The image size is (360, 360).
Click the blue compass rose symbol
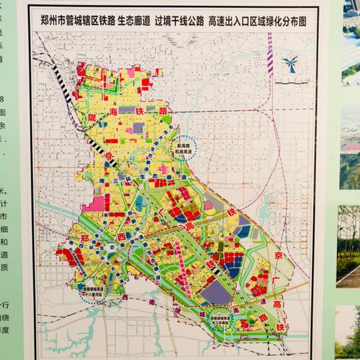289,64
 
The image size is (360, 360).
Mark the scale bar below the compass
289,82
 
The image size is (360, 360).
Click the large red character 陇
92,116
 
